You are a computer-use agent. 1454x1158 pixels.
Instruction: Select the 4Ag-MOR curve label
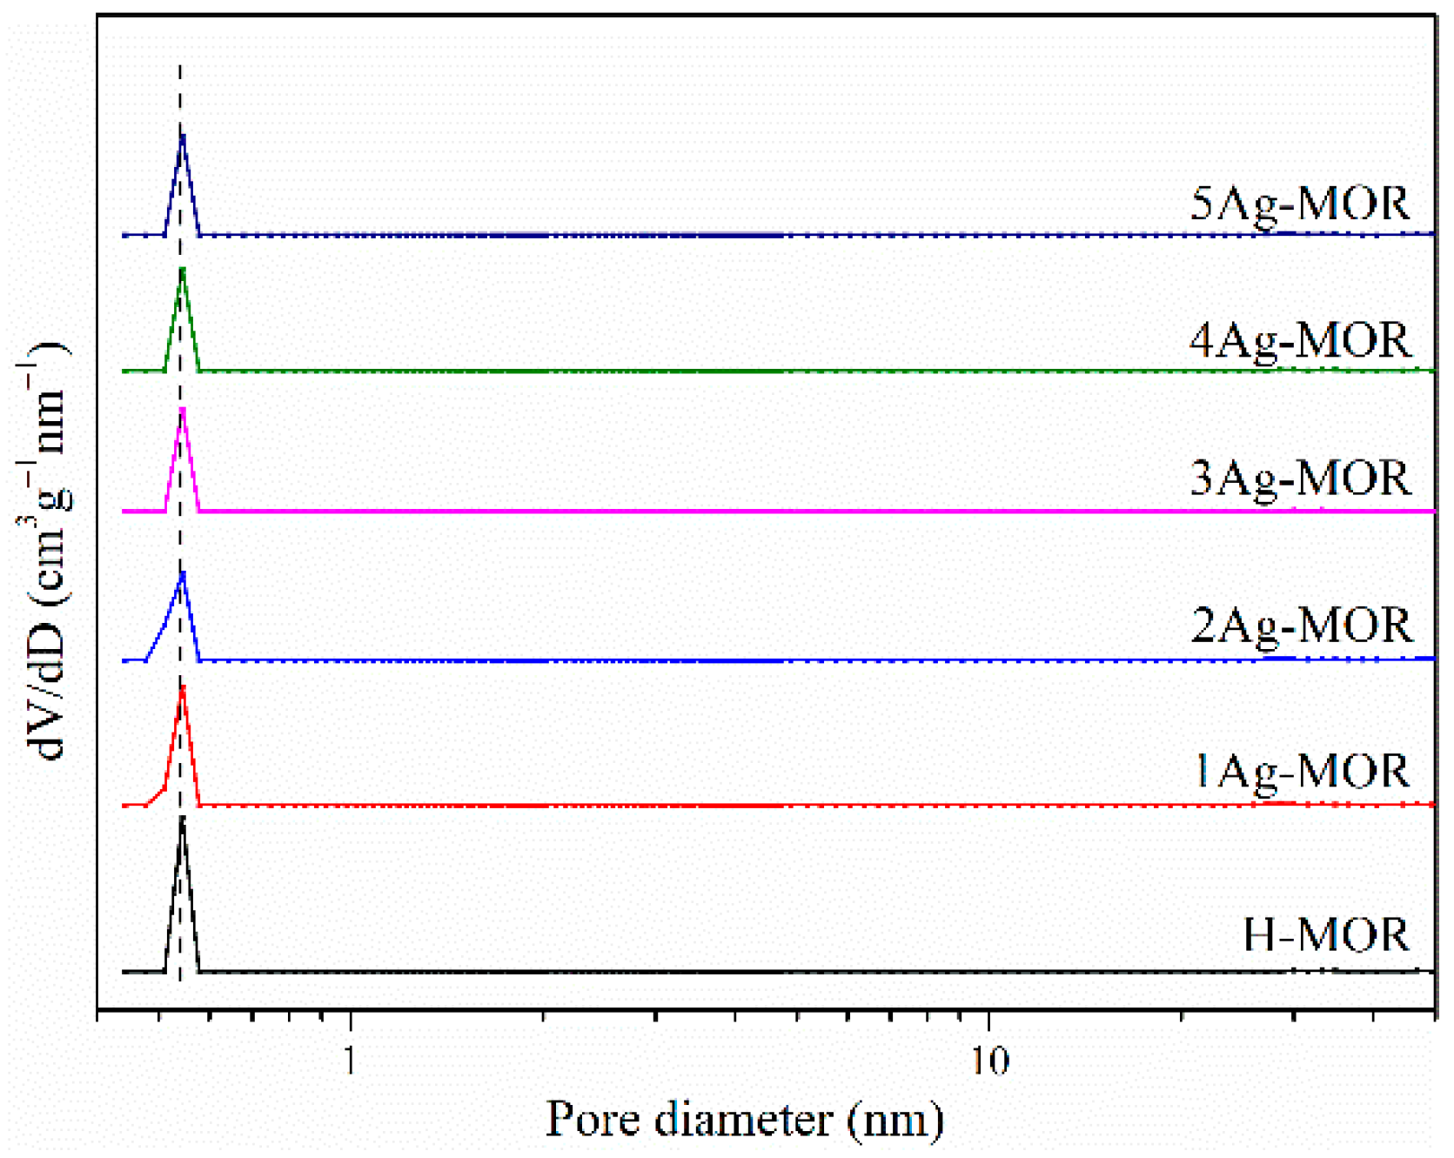1299,341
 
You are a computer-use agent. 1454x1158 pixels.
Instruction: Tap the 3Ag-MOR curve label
1299,479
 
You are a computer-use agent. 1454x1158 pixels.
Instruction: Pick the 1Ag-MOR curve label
1301,772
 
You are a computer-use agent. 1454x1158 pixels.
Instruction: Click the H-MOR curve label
1325,935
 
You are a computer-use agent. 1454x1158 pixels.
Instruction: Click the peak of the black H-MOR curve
182,819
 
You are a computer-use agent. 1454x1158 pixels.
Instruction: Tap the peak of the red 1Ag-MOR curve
183,687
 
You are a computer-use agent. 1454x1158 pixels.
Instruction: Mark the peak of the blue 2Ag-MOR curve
183,573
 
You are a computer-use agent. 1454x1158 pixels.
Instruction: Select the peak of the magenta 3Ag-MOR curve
183,408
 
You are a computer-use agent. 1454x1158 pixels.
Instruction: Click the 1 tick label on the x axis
350,1061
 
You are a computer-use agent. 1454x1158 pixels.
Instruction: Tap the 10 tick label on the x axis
989,1061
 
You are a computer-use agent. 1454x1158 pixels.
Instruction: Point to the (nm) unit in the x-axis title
896,1121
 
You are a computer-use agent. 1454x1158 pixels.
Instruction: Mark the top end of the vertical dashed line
180,65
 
